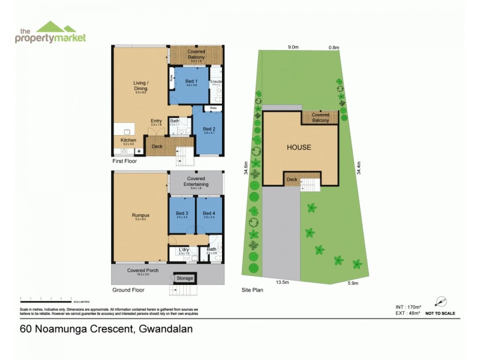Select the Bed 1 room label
click(191, 82)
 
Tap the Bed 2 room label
click(208, 129)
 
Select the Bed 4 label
click(209, 214)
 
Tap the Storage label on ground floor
click(184, 278)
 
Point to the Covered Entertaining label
click(196, 181)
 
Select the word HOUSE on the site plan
click(298, 147)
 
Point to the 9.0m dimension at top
click(293, 47)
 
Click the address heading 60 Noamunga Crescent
click(106, 329)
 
